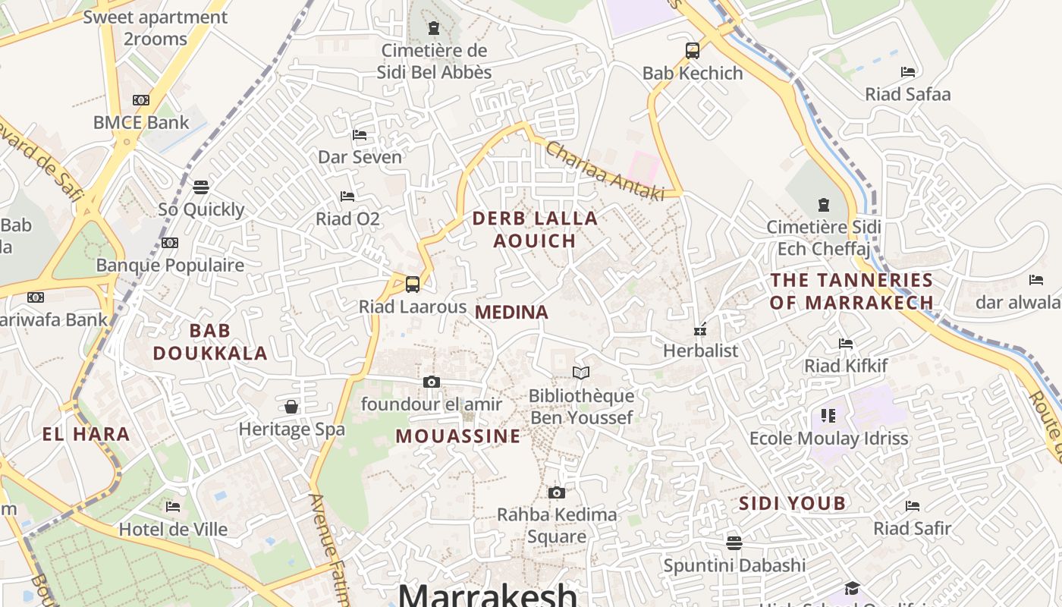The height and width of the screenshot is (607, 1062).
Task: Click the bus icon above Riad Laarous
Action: click(413, 285)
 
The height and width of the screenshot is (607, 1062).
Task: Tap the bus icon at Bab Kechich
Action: click(693, 51)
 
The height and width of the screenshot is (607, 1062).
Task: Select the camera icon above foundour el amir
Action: click(432, 382)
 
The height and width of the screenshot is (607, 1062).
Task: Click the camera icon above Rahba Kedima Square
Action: click(557, 492)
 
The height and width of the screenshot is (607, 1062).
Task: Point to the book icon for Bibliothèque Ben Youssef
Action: click(581, 373)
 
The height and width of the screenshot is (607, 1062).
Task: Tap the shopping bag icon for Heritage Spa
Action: click(291, 407)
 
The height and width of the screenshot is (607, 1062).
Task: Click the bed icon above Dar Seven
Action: click(360, 135)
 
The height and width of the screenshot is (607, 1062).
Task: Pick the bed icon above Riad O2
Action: click(347, 197)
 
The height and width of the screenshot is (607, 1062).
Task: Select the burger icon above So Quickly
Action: click(201, 187)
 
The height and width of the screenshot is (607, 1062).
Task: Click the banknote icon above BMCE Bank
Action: click(141, 100)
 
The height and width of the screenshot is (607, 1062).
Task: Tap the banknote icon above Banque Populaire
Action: click(170, 243)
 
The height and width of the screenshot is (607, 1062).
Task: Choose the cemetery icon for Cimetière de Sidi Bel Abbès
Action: click(434, 29)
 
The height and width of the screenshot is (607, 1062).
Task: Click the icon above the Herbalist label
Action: click(700, 329)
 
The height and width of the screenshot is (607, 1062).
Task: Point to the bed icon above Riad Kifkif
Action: click(846, 344)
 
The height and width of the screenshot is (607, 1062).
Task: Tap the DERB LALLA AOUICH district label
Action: click(535, 229)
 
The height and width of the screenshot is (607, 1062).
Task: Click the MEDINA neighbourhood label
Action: click(511, 312)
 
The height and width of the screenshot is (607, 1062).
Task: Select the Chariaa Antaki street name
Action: click(605, 171)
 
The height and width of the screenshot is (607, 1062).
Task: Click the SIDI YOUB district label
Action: click(792, 503)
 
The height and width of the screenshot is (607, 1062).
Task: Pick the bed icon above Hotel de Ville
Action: click(173, 506)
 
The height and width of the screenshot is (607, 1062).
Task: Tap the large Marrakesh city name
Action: click(487, 594)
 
